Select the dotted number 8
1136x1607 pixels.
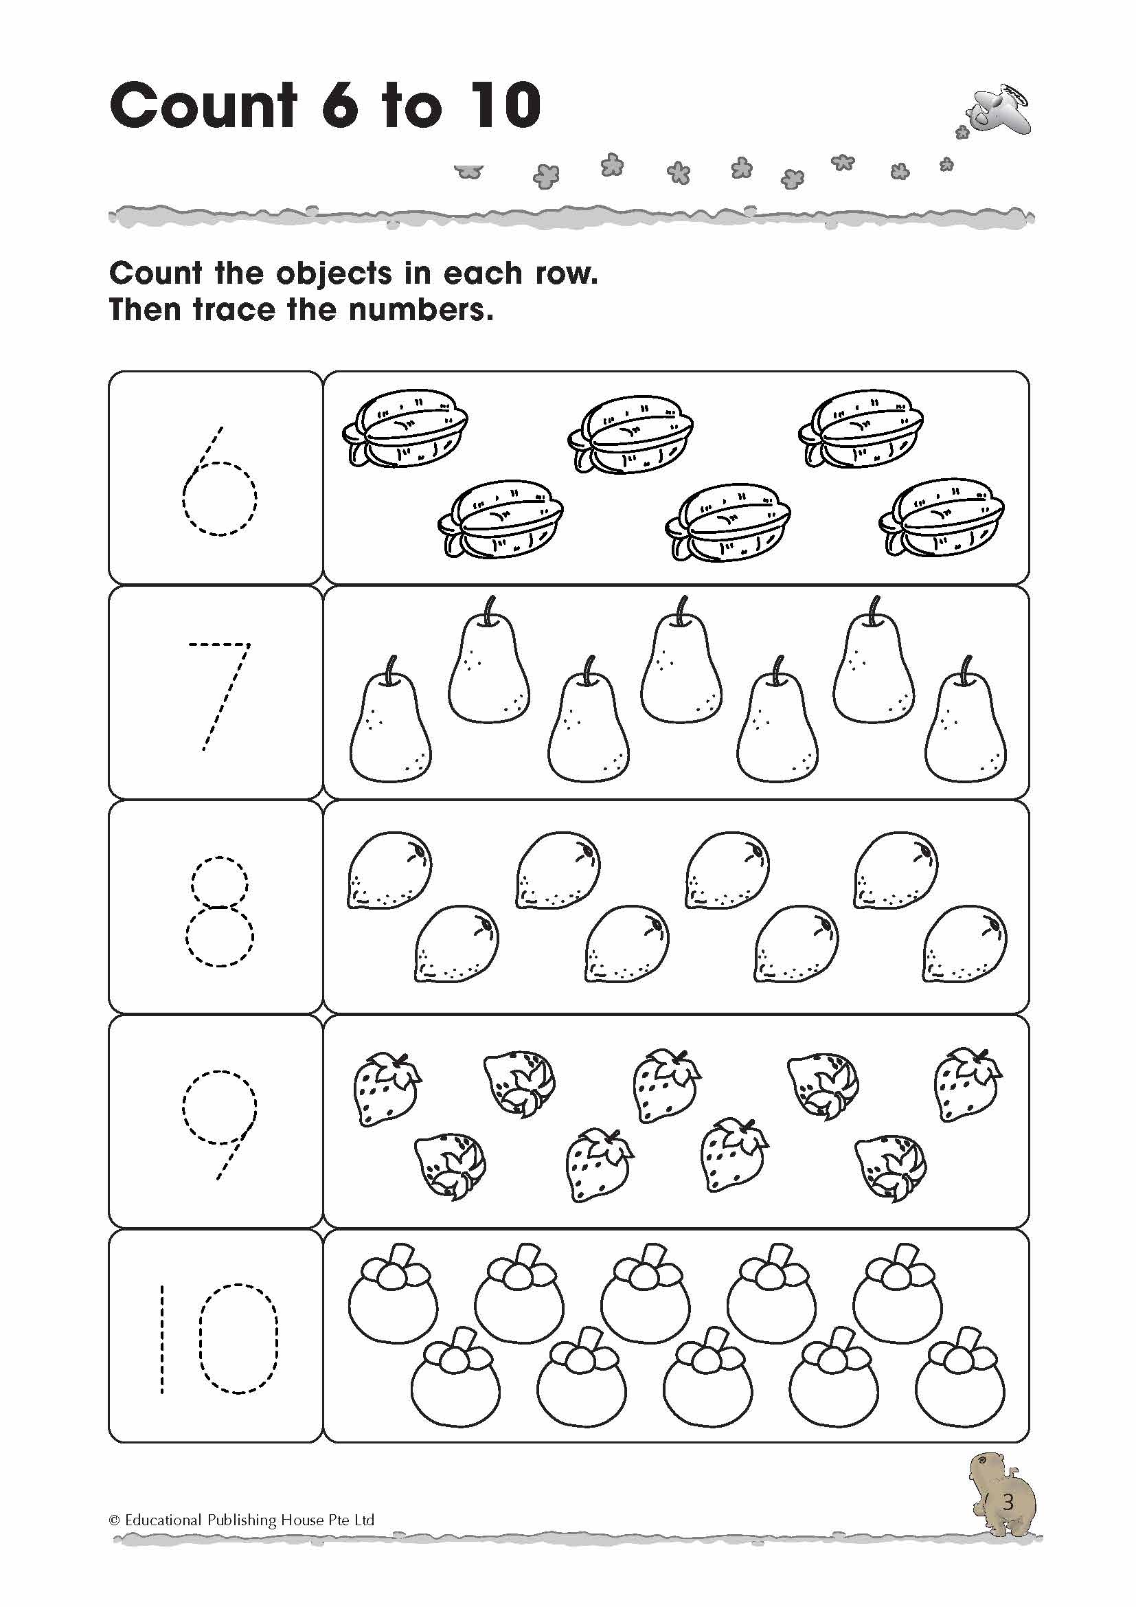pyautogui.click(x=219, y=910)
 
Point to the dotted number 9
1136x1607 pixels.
pyautogui.click(x=220, y=1123)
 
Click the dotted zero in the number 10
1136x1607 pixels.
pyautogui.click(x=238, y=1338)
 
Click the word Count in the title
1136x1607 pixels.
pyautogui.click(x=203, y=106)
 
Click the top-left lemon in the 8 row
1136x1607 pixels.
pyautogui.click(x=389, y=870)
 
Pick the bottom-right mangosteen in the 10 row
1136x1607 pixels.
pyautogui.click(x=959, y=1376)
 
